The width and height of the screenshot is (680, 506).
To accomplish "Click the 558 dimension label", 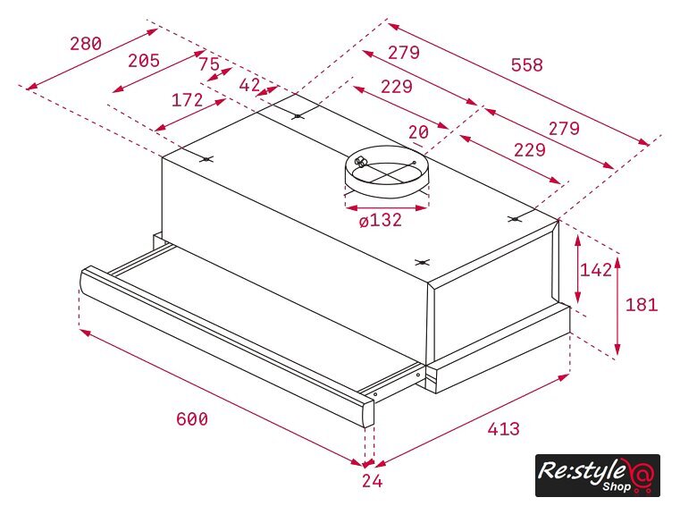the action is pyautogui.click(x=527, y=65).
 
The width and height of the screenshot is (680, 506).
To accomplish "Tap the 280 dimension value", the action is pyautogui.click(x=86, y=44).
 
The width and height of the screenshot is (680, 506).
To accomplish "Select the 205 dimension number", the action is pyautogui.click(x=144, y=61).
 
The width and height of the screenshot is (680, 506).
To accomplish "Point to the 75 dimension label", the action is pyautogui.click(x=209, y=64).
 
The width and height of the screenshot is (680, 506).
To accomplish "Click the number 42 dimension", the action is pyautogui.click(x=250, y=85).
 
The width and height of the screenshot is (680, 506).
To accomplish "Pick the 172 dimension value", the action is pyautogui.click(x=188, y=100).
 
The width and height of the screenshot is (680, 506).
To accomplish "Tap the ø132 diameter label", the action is pyautogui.click(x=381, y=221).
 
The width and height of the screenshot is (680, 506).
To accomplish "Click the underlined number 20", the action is pyautogui.click(x=418, y=133).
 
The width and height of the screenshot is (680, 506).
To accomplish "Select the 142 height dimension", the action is pyautogui.click(x=596, y=270).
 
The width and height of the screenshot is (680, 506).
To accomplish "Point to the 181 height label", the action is pyautogui.click(x=642, y=305).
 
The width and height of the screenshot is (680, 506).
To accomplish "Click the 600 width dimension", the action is pyautogui.click(x=192, y=419).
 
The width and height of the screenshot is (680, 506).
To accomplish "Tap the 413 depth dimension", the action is pyautogui.click(x=503, y=429).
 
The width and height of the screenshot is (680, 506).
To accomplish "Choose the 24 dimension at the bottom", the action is pyautogui.click(x=373, y=481).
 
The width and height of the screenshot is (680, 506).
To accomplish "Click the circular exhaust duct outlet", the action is pyautogui.click(x=387, y=172).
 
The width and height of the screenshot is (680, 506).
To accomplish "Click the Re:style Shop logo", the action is pyautogui.click(x=598, y=476).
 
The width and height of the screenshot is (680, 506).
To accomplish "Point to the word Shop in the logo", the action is pyautogui.click(x=617, y=487).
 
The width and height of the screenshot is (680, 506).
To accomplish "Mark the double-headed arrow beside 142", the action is pyautogui.click(x=577, y=269).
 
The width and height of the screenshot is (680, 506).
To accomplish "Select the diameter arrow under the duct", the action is pyautogui.click(x=387, y=208).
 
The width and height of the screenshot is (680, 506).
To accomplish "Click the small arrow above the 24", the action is pyautogui.click(x=369, y=463).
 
